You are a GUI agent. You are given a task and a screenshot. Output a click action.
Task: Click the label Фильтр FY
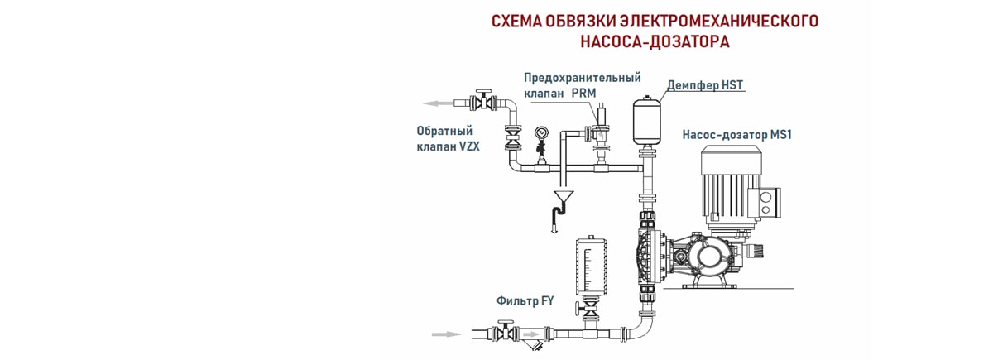point(525,301)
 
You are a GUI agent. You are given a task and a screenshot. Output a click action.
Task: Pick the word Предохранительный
point(582,78)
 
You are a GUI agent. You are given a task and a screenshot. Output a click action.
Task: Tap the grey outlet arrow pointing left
point(438,103)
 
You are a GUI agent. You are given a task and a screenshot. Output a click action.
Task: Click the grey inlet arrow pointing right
point(447,334)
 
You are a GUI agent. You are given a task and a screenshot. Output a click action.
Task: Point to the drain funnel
point(563,197)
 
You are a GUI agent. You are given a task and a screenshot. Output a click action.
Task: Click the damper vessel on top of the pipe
point(645,120)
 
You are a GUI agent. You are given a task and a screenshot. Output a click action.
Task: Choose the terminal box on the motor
point(765,202)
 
